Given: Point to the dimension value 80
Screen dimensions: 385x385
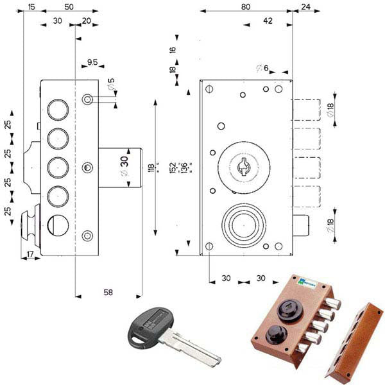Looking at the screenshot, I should pos(246,6).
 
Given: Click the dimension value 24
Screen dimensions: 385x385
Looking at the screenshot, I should pos(305,6).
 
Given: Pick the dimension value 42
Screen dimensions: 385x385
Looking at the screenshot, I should pos(268,21).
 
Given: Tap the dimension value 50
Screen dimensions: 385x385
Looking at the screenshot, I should pos(69,6).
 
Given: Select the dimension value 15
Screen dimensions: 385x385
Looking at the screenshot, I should pos(31,6).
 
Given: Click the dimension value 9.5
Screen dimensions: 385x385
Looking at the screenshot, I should pos(92,63).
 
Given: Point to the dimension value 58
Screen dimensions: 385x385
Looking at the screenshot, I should pos(108,292).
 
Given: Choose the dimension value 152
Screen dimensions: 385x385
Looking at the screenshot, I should pos(173,167).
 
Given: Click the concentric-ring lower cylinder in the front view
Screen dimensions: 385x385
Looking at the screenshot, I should pos(243,225).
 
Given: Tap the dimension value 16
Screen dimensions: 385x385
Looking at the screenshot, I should pos(173,49).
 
